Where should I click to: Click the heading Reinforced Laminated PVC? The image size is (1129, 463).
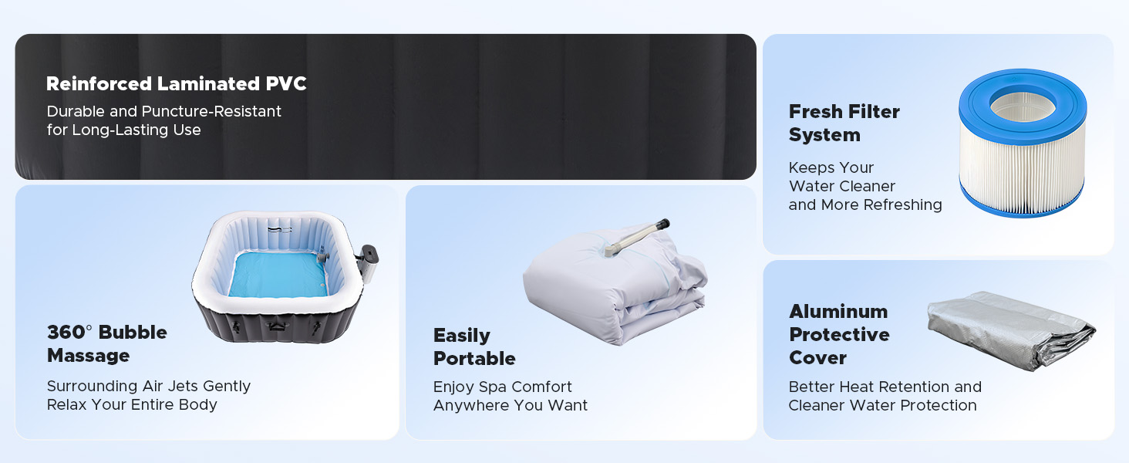click(x=177, y=83)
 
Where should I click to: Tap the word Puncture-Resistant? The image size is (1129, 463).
click(x=211, y=111)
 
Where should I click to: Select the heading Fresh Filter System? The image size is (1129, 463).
click(x=844, y=123)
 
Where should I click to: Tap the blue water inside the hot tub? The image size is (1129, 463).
click(x=277, y=275)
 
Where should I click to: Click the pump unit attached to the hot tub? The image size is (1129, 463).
click(x=368, y=265)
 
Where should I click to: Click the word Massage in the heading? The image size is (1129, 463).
click(x=88, y=356)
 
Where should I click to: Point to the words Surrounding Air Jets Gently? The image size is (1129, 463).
click(x=149, y=386)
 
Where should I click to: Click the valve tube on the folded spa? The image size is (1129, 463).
click(x=638, y=237)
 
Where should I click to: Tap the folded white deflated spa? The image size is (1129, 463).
click(x=615, y=285)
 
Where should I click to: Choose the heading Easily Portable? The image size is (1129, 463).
click(x=474, y=346)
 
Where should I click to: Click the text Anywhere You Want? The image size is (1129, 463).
click(x=511, y=405)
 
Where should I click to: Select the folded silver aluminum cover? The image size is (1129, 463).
click(x=1010, y=330)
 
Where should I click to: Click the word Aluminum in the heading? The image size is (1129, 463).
click(x=838, y=311)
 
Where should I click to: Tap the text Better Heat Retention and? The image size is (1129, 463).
click(x=885, y=387)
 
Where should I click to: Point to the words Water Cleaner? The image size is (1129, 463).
click(x=841, y=186)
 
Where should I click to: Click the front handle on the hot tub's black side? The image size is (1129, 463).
click(x=275, y=326)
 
